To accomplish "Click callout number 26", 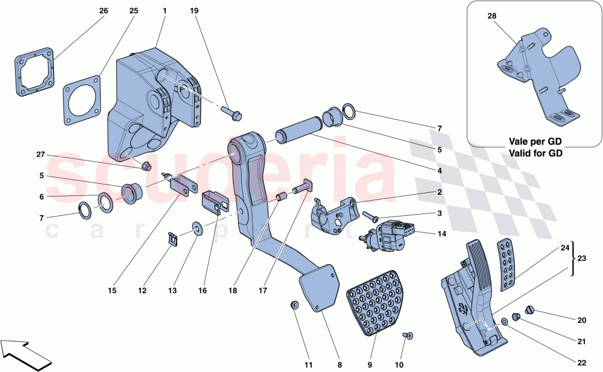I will pyautogui.click(x=104, y=11).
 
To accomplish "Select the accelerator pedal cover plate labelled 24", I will pyautogui.click(x=505, y=264).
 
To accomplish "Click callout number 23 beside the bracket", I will pyautogui.click(x=582, y=257).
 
